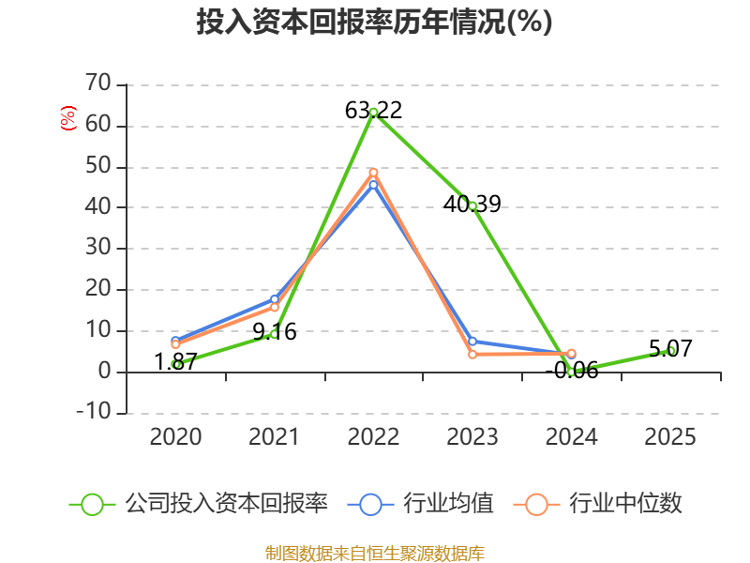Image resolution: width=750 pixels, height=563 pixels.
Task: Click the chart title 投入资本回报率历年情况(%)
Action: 374,22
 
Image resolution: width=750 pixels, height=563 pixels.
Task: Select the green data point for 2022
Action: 373,113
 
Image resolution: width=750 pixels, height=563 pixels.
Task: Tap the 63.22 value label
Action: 373,110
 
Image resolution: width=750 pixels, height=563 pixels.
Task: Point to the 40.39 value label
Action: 472,204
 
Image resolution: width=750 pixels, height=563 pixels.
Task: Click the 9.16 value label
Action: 275,331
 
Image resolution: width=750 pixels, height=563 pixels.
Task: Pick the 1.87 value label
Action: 175,361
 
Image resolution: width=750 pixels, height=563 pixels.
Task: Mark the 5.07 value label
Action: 670,348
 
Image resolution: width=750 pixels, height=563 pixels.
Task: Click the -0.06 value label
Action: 572,370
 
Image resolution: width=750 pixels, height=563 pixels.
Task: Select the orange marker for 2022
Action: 373,173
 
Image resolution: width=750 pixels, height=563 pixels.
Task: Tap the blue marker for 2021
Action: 275,299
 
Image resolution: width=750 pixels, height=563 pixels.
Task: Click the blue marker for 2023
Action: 472,342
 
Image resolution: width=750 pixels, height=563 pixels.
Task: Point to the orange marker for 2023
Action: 472,355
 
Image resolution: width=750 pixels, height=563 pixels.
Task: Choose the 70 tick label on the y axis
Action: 98,83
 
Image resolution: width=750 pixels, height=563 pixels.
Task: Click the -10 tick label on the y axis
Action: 94,411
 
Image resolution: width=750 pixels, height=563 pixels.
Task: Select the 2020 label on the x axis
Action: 175,436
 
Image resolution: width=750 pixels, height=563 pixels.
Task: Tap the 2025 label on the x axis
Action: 670,436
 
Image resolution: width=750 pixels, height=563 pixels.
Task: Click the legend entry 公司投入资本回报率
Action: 199,504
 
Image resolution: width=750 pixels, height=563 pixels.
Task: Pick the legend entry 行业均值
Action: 420,504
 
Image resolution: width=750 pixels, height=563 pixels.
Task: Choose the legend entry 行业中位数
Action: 597,504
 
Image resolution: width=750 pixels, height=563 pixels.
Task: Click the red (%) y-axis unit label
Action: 67,118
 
